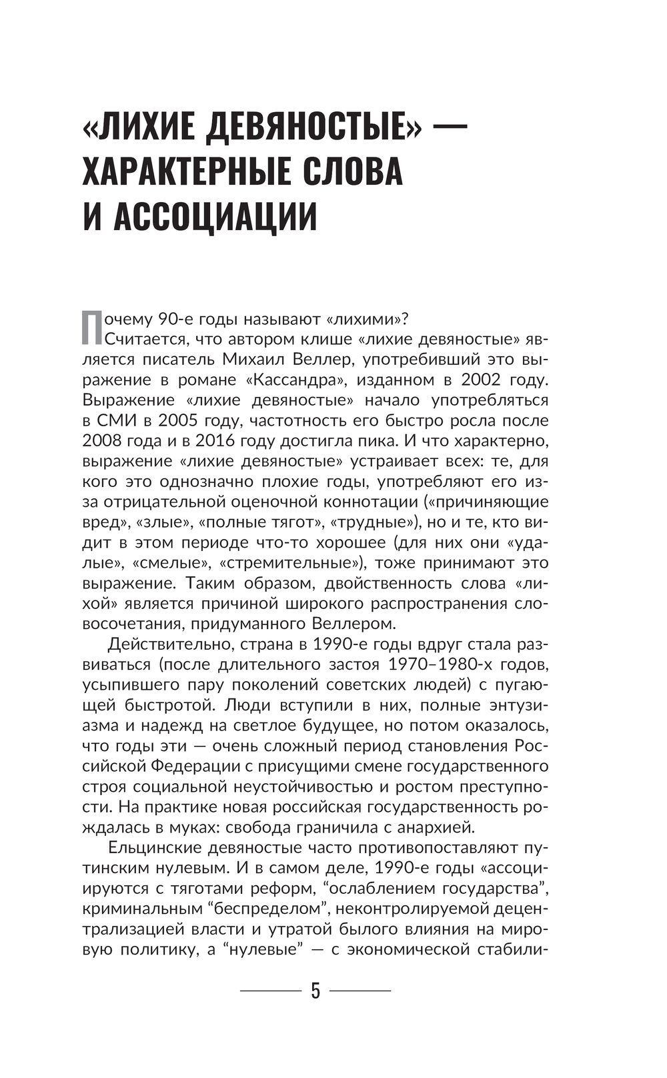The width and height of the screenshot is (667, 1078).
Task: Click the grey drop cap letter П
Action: coord(92,328)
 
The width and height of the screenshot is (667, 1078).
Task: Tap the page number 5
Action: coord(315,991)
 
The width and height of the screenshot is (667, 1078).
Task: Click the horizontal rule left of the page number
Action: coord(270,991)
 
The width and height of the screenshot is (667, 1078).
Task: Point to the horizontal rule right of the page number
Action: coord(360,991)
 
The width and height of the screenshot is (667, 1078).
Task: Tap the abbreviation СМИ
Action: coord(116,421)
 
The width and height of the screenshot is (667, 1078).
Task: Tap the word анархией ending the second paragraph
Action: coord(436,827)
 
